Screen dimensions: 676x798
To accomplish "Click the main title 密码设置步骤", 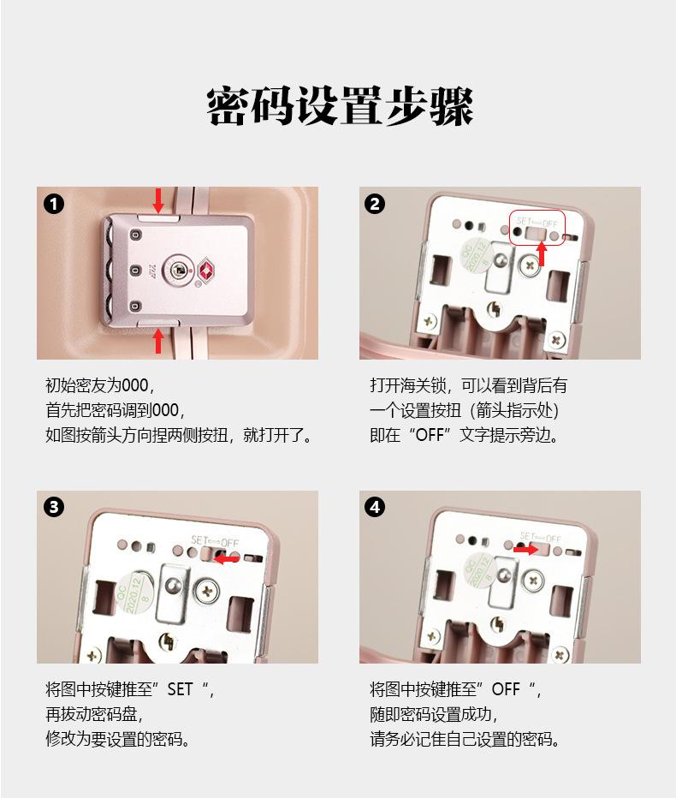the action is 340,106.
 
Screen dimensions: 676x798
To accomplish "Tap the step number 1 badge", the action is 54,205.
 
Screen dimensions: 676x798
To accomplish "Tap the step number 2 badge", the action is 375,204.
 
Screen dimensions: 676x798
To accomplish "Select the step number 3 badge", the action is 54,508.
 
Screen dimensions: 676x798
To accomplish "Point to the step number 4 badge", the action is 375,507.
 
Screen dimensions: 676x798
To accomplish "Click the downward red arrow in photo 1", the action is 158,201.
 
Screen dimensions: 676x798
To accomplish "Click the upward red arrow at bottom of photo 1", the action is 158,341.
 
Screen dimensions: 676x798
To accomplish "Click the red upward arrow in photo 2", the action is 543,254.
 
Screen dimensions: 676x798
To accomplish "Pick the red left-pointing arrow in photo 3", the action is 227,559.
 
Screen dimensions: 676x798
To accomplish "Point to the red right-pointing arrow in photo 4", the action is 525,550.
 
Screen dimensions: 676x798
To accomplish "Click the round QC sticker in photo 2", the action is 476,257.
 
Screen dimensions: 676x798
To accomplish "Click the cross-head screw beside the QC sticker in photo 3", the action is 208,591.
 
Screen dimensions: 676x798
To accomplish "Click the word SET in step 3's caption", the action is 180,689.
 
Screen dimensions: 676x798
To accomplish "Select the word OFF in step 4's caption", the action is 506,689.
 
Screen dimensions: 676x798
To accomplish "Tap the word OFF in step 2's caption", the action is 430,436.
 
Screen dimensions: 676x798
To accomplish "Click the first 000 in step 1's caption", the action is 135,386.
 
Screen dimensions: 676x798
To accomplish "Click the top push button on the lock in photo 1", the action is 158,218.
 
